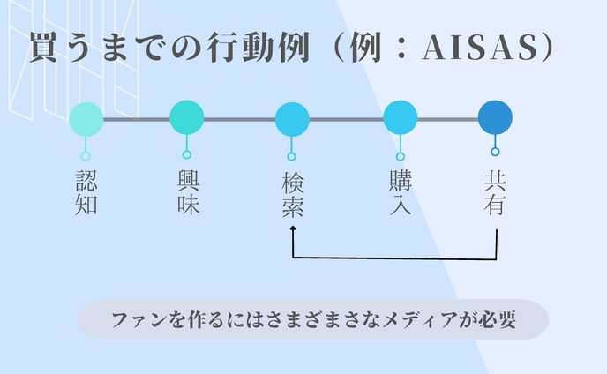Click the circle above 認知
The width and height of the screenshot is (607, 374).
[x=86, y=119]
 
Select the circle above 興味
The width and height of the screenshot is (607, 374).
[x=186, y=118]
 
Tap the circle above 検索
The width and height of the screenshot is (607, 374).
[x=292, y=119]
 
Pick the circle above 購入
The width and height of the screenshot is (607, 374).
[x=400, y=119]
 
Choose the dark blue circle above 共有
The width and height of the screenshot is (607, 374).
[x=495, y=119]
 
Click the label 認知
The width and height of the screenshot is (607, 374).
[x=86, y=195]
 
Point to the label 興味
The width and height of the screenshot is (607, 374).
[x=187, y=193]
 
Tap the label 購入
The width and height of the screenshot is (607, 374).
[x=400, y=193]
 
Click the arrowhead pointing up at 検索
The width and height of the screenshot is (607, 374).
[x=292, y=228]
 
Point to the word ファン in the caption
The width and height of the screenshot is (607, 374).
[x=131, y=320]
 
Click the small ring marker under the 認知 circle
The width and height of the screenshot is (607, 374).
[x=86, y=155]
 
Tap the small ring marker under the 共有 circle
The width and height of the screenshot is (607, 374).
[x=495, y=152]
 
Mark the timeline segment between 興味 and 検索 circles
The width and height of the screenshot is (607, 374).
[x=239, y=119]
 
